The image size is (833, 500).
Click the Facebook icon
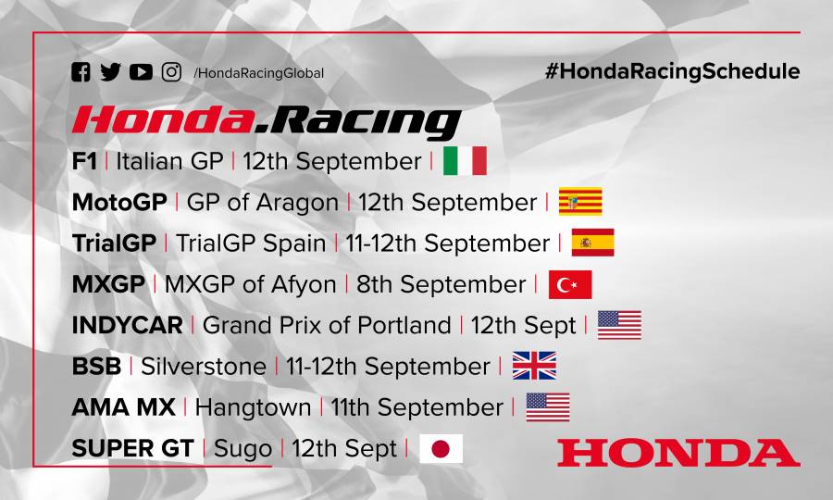[x=81, y=72]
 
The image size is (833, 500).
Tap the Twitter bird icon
[x=110, y=72]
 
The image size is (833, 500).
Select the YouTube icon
[x=141, y=72]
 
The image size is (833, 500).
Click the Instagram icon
[x=171, y=72]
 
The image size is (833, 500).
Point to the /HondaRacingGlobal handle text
[x=258, y=73]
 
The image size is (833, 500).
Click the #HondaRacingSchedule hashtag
[x=672, y=71]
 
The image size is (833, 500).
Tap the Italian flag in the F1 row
[x=465, y=161]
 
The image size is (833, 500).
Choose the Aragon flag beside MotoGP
[x=580, y=202]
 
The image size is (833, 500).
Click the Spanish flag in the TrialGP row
[x=592, y=243]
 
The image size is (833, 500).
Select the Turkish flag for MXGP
[x=570, y=284]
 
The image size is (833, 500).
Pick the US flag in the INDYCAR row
[x=619, y=325]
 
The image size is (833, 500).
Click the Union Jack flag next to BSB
[x=534, y=366]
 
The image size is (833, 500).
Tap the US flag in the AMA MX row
[x=548, y=407]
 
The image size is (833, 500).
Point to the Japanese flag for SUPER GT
[x=441, y=449]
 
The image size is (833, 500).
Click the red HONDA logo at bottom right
[x=678, y=453]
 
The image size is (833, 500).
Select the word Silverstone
[x=204, y=367]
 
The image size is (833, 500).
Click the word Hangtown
[x=253, y=407]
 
